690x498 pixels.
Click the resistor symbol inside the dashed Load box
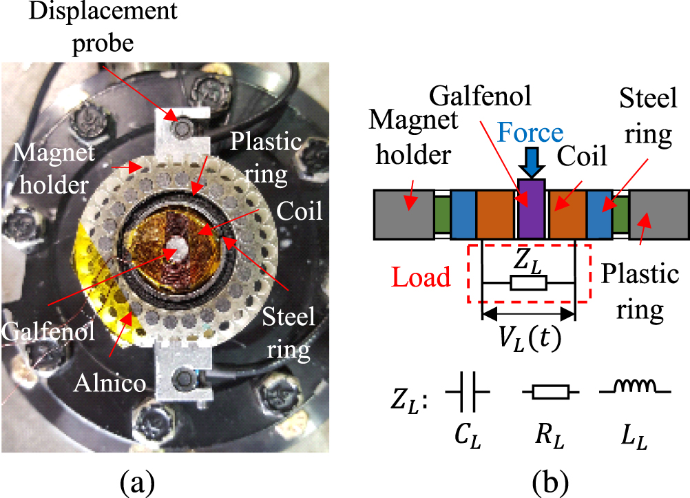pos(529,282)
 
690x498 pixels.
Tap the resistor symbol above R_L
pos(550,393)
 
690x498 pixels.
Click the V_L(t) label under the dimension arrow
pos(529,338)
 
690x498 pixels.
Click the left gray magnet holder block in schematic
pos(404,214)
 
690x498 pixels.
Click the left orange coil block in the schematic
pos(496,214)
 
